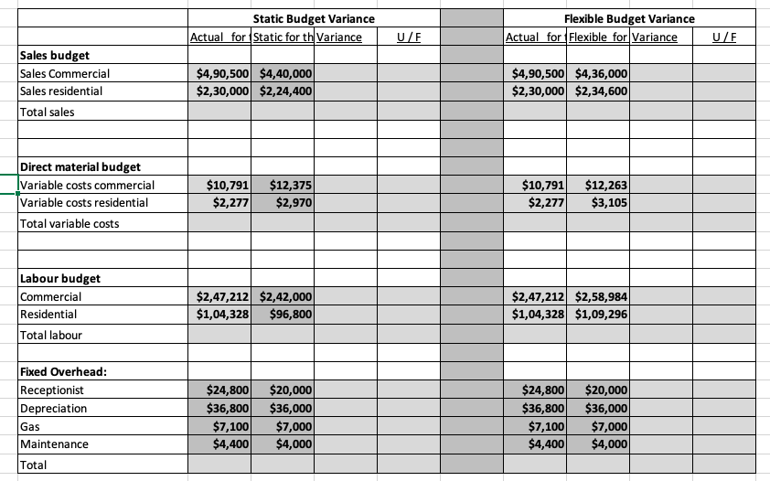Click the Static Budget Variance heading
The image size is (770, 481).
tap(313, 19)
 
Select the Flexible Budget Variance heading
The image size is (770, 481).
tap(629, 19)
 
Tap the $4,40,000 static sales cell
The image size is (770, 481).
tap(286, 73)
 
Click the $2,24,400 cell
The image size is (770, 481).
tap(286, 91)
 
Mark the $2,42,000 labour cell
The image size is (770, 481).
tap(286, 296)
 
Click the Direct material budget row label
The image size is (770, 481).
tap(80, 167)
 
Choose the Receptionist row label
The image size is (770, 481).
tap(51, 390)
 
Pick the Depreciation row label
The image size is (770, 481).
tap(53, 408)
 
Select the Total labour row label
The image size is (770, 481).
tap(50, 335)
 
